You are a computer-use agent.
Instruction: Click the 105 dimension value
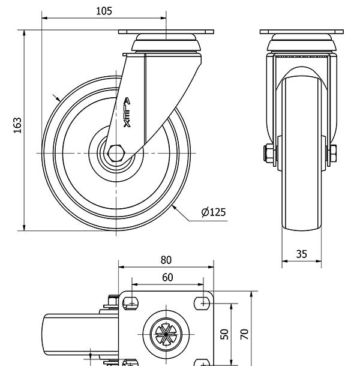tap(104, 11)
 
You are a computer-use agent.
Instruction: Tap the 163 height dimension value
tap(17, 125)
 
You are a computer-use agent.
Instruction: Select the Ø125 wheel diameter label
tap(214, 212)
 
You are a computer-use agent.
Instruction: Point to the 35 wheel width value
tap(301, 254)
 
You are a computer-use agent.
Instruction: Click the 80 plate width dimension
tap(166, 260)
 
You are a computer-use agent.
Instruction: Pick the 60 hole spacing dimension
tap(167, 277)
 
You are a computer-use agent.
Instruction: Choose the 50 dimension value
tap(224, 334)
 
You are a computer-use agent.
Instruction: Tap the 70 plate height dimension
tap(244, 334)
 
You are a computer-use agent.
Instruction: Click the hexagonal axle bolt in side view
tap(116, 154)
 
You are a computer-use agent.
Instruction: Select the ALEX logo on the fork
tap(127, 113)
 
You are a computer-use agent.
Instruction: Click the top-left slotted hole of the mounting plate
tap(131, 304)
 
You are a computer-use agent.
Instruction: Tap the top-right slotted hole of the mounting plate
tap(202, 304)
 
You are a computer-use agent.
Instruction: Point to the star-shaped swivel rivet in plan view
tap(166, 334)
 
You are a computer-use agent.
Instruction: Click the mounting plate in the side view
tap(166, 32)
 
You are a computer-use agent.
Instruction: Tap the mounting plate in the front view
tap(302, 32)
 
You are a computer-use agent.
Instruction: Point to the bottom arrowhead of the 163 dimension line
tap(24, 228)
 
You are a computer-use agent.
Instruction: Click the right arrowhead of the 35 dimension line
tap(319, 261)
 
